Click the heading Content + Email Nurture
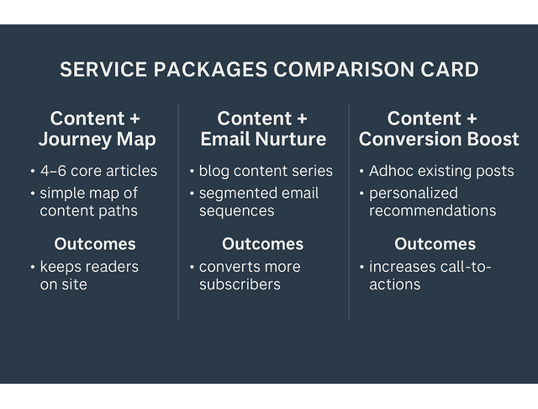click(262, 128)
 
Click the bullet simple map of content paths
click(88, 202)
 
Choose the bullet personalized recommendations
click(432, 202)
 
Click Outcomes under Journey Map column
click(95, 244)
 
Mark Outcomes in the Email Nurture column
click(262, 244)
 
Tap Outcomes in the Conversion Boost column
click(435, 244)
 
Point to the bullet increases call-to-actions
click(429, 276)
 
